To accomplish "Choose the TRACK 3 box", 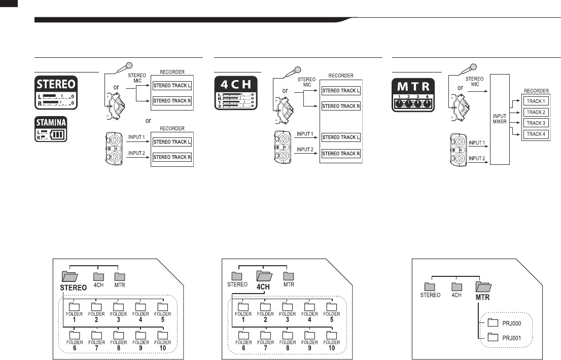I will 536,123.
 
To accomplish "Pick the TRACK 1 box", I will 536,101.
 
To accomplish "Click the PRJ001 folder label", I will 511,337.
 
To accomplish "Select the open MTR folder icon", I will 482,287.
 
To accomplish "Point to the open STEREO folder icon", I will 69,276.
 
